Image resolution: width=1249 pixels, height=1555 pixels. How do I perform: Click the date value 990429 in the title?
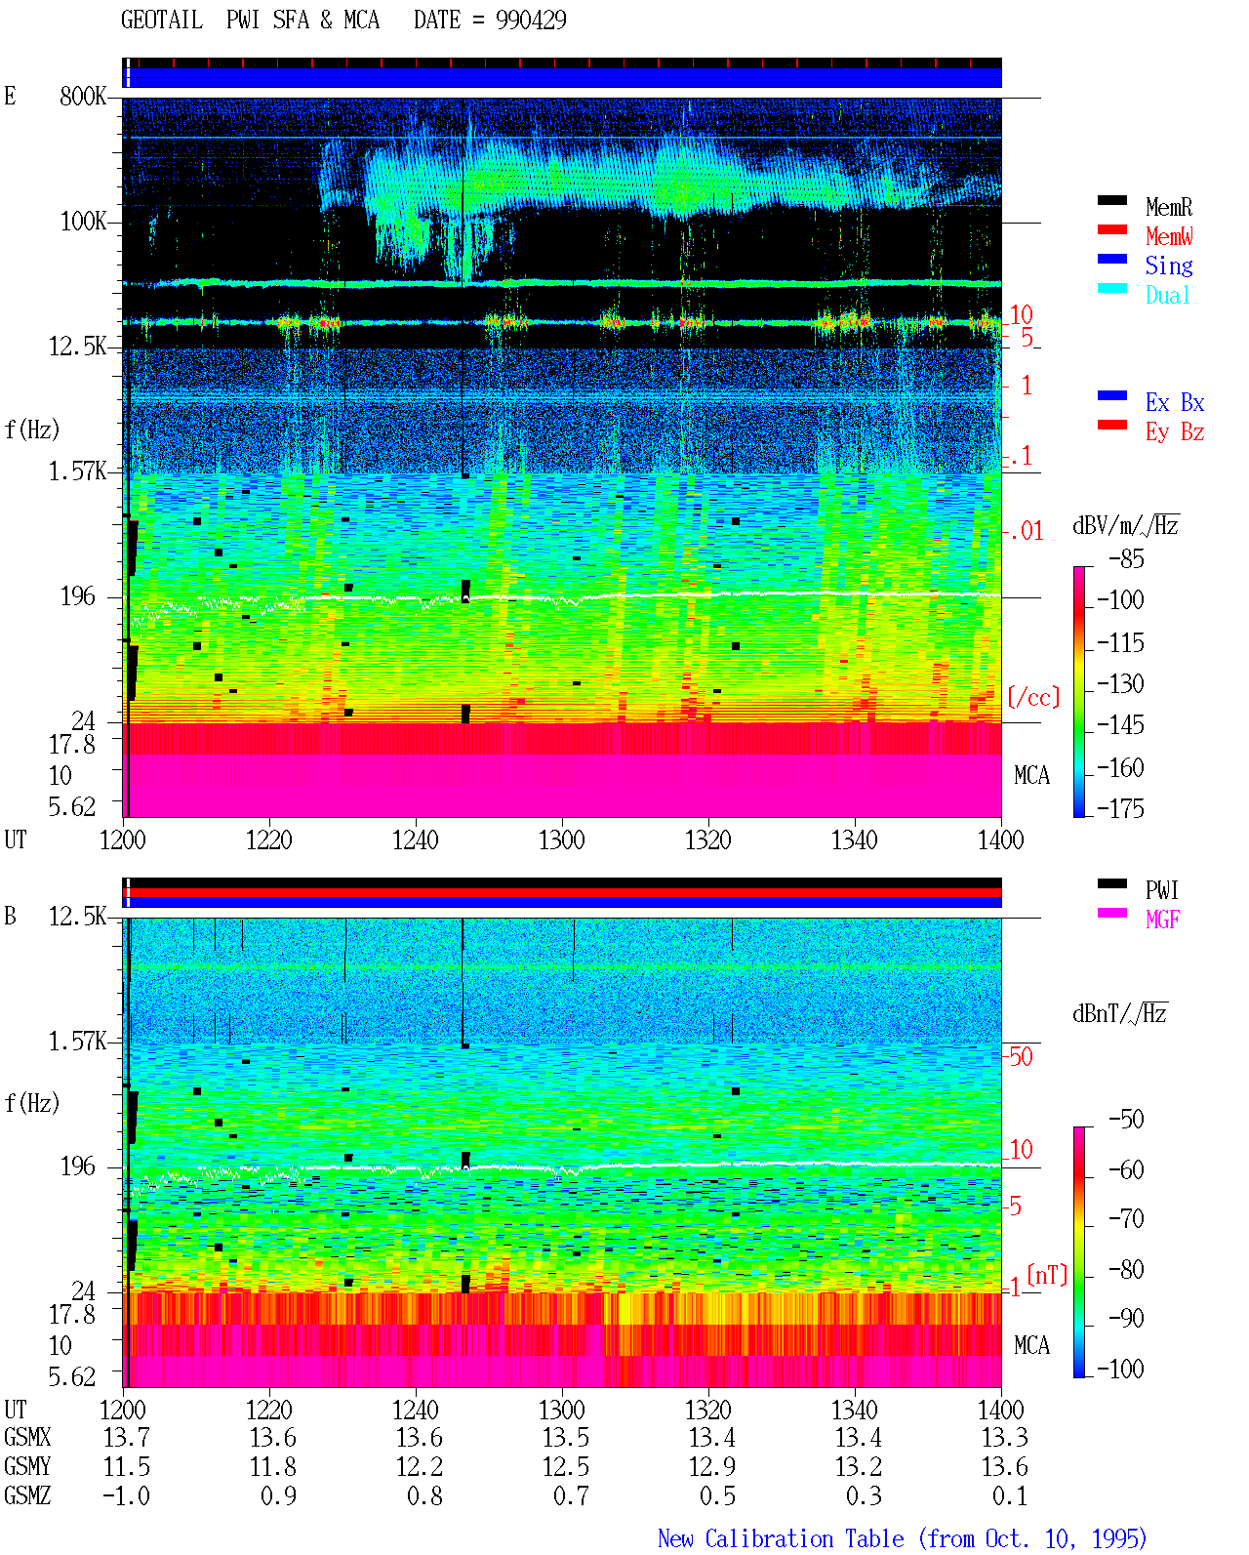tap(531, 20)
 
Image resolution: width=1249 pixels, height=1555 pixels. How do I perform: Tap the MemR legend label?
tap(1169, 207)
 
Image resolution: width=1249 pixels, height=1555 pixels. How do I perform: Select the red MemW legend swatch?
tap(1111, 229)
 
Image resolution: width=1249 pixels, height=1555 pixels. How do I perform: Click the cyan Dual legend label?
tap(1167, 295)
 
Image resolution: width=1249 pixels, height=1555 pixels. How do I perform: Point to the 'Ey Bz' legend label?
tap(1175, 431)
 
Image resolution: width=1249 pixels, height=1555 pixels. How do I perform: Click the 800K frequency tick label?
tap(83, 96)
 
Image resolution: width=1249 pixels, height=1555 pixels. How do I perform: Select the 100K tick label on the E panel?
tap(83, 222)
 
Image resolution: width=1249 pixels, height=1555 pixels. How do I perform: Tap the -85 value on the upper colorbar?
tap(1126, 558)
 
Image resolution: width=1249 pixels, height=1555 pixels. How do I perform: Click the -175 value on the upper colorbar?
tap(1120, 808)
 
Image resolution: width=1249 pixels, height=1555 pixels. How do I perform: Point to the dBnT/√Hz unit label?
tap(1119, 1014)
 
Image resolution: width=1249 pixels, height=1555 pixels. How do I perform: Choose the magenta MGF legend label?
tap(1163, 920)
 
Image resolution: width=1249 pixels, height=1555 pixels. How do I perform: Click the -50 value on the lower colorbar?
tap(1126, 1120)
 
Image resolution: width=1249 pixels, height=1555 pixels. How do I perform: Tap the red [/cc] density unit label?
tap(1033, 697)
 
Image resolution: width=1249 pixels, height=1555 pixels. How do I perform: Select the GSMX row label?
tap(27, 1437)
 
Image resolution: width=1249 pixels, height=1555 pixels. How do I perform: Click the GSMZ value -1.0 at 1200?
tap(126, 1495)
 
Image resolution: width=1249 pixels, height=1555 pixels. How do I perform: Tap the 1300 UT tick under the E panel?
tap(561, 840)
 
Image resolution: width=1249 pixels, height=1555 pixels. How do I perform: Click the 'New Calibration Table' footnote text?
tap(781, 1538)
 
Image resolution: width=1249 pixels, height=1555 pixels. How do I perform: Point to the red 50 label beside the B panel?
tap(1021, 1056)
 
